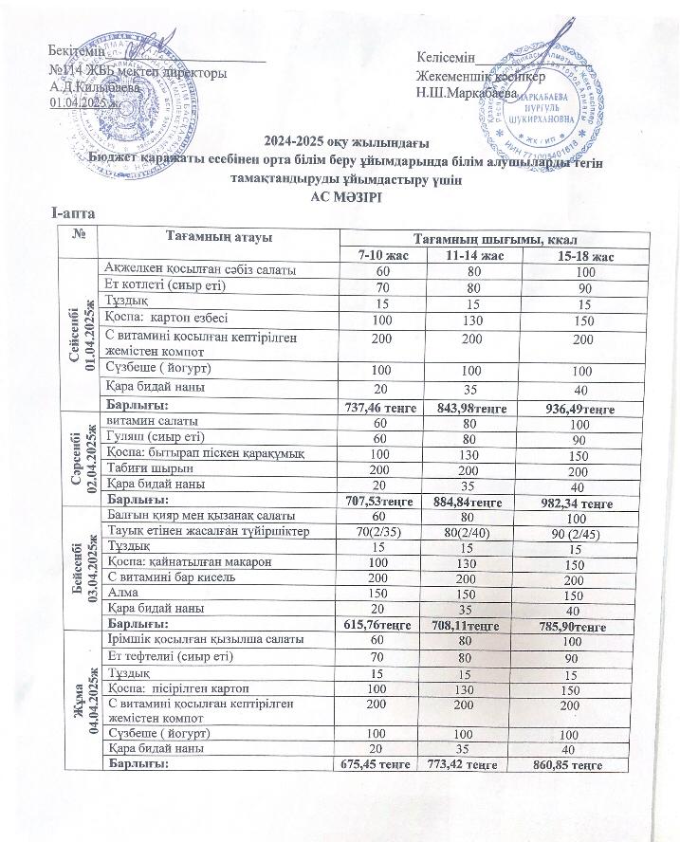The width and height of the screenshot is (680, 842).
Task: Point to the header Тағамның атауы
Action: (206, 237)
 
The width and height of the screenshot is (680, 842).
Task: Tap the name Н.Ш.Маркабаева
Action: (467, 94)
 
